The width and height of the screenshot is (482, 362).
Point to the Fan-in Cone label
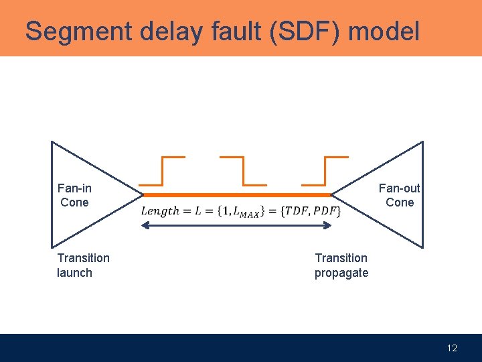74,195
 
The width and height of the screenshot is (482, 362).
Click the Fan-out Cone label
400,195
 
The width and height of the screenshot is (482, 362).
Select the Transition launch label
83,265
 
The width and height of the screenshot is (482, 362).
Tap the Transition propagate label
341,265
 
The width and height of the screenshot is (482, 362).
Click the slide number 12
452,348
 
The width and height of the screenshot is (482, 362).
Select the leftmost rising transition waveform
161,171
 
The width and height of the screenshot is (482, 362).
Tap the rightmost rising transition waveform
325,171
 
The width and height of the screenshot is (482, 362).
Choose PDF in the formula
326,211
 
